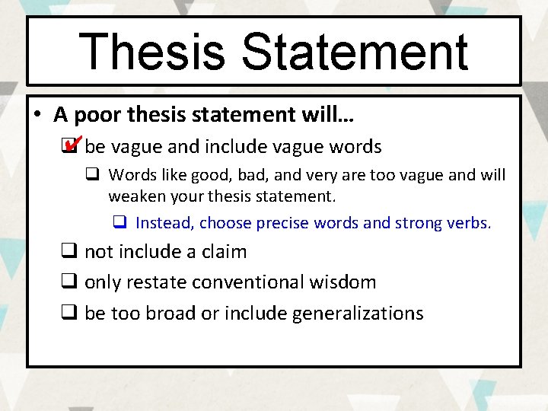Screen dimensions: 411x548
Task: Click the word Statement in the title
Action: [x=355, y=52]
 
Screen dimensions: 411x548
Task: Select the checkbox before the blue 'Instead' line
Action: [x=119, y=223]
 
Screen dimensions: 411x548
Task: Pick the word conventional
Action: [x=241, y=282]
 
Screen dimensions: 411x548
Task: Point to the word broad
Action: [x=167, y=314]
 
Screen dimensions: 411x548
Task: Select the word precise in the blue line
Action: [x=284, y=223]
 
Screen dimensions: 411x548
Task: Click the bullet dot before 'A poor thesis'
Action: [x=37, y=116]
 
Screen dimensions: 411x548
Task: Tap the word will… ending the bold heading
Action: [x=330, y=116]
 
